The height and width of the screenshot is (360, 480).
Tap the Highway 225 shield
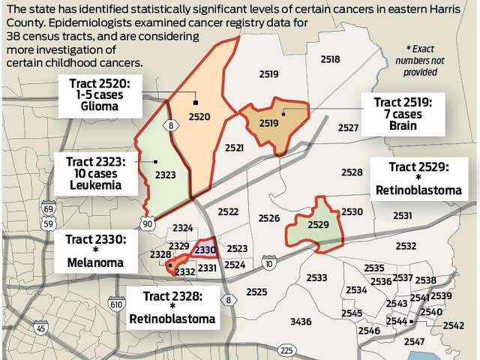(286, 349)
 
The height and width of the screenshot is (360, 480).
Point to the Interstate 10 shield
(269, 262)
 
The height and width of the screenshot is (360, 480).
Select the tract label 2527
(348, 128)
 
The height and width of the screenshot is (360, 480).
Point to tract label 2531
(402, 216)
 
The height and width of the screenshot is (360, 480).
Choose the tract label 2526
(268, 218)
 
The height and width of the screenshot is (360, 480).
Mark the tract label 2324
(182, 227)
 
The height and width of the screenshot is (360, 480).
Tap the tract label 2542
(453, 325)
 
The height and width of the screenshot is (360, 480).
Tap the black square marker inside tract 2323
(155, 160)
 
